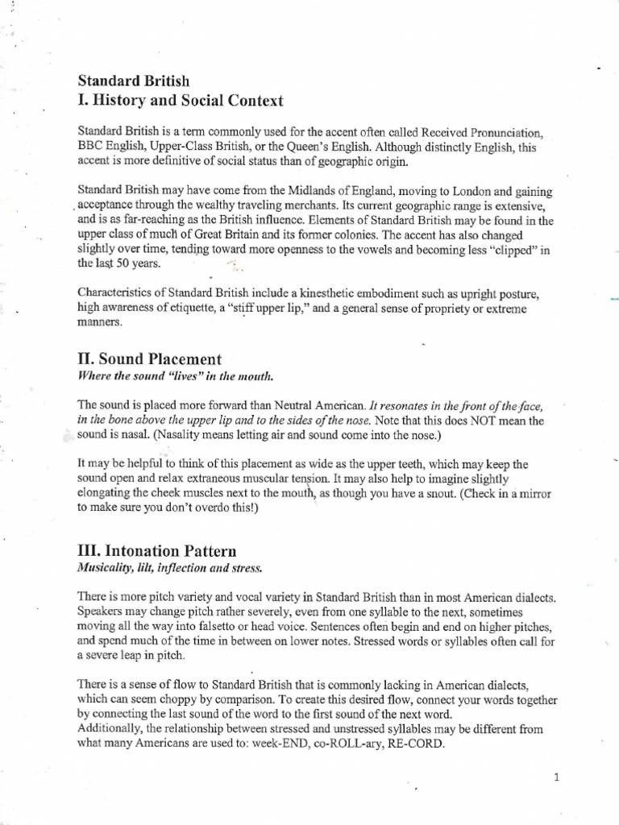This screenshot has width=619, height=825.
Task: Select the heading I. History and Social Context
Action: click(x=180, y=101)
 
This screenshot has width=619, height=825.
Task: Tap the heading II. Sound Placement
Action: click(x=149, y=359)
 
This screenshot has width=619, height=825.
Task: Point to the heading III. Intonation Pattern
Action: click(x=157, y=551)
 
